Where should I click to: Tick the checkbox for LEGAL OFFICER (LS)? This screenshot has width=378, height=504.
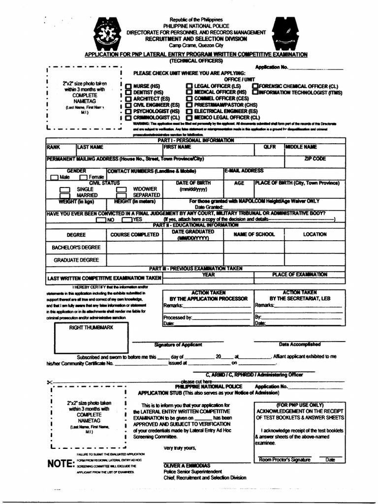tap(189, 86)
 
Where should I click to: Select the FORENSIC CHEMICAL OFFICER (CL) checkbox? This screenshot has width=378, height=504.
tap(255, 86)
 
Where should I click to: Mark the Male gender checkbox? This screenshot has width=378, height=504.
tap(54, 177)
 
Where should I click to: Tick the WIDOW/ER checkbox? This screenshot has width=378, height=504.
tap(122, 189)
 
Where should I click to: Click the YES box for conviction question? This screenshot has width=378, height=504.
tap(126, 220)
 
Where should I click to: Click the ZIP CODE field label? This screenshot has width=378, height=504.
tap(315, 159)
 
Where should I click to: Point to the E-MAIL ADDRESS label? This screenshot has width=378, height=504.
tap(245, 171)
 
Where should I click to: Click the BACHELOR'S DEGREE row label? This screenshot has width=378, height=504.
tap(76, 247)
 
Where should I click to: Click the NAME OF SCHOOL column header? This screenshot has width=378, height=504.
tap(254, 234)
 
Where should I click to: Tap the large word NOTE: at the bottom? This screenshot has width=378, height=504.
tap(61, 464)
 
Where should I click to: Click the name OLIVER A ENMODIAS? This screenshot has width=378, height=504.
tap(187, 465)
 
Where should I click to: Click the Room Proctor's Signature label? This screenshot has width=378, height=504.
tap(285, 460)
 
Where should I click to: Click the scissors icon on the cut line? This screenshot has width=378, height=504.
tap(51, 382)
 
